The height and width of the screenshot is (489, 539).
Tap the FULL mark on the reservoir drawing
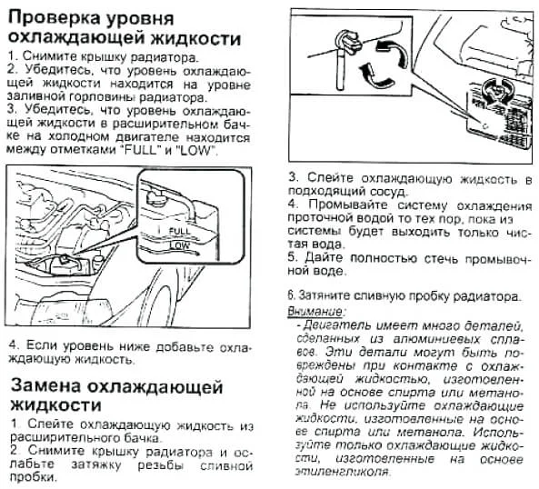click(x=180, y=232)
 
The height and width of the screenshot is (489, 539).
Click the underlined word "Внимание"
click(x=312, y=311)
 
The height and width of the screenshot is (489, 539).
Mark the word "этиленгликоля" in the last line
click(x=338, y=473)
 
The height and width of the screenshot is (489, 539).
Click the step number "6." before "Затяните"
click(x=292, y=296)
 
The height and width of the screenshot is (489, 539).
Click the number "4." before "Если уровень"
click(x=13, y=346)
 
